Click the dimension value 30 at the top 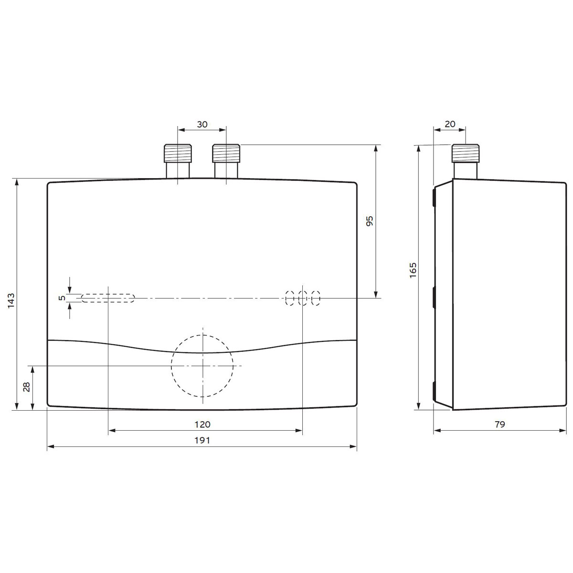[x=202, y=124]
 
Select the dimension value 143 [x=12, y=301]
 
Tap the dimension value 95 [x=369, y=221]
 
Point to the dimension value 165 [x=414, y=270]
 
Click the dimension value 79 [x=499, y=424]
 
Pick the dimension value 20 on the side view [x=450, y=124]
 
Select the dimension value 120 [x=202, y=424]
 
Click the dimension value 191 [x=202, y=440]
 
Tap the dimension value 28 [x=27, y=387]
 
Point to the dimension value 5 [x=61, y=298]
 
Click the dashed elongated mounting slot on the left [x=108, y=298]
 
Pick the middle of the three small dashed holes [x=303, y=298]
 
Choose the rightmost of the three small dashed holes [x=316, y=298]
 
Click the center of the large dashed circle [x=202, y=366]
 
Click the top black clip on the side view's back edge [x=434, y=197]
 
